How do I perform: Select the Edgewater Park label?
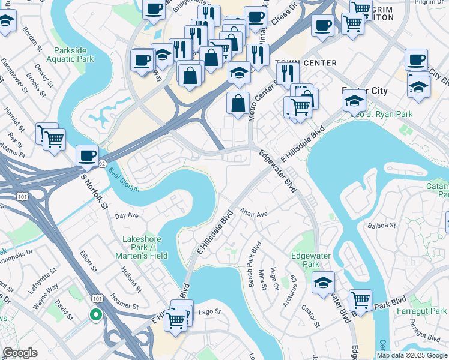coord(311,260)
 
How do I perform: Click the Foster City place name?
coord(364,91)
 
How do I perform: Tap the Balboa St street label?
coord(382,226)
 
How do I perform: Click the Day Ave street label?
coord(127,215)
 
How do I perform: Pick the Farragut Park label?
coord(421,311)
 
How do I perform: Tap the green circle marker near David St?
coord(95,314)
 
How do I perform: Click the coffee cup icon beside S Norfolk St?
coord(88,155)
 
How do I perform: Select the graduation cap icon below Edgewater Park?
coord(324,282)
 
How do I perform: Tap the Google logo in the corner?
coord(20,353)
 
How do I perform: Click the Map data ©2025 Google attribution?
coord(412,355)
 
